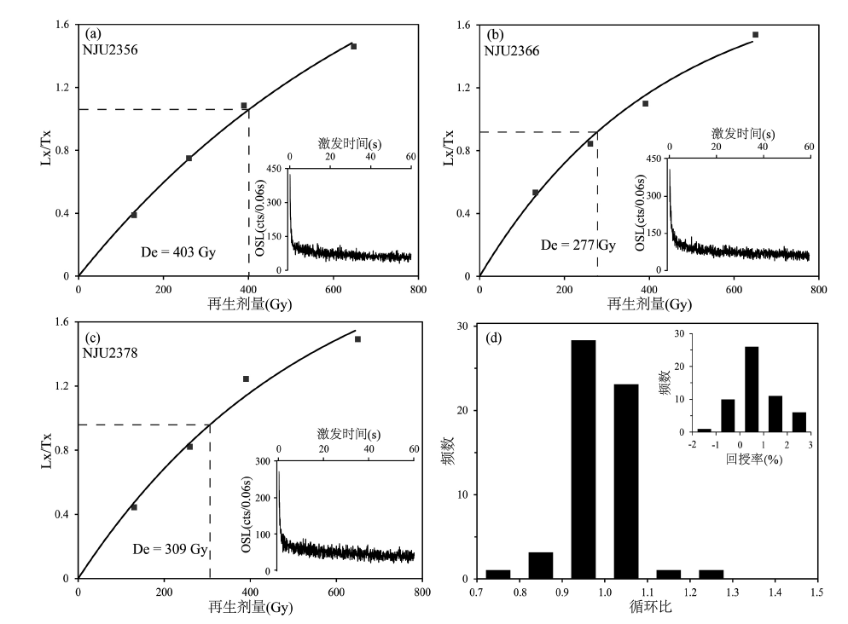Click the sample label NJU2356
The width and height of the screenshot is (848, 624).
(x=111, y=49)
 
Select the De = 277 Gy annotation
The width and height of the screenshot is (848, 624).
(x=578, y=246)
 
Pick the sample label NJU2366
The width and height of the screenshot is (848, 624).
(x=512, y=50)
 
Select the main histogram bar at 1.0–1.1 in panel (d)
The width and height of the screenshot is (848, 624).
(x=626, y=481)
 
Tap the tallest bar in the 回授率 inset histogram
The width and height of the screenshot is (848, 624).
(x=752, y=389)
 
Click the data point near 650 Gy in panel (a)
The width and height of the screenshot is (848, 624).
(x=353, y=46)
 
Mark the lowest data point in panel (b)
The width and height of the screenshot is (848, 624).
(x=535, y=193)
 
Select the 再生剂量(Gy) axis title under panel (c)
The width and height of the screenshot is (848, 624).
(x=248, y=608)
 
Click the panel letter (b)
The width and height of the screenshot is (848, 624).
(x=494, y=36)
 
